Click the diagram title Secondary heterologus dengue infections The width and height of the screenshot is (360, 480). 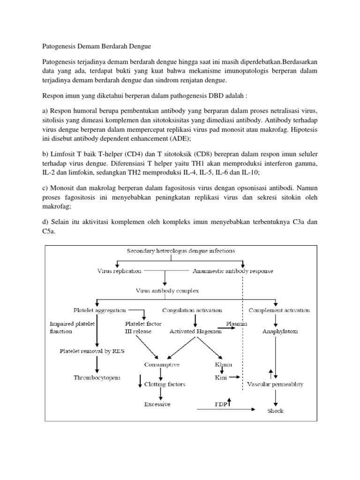(181, 251)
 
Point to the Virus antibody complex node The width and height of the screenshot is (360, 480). (167, 291)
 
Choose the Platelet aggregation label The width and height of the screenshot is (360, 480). (100, 310)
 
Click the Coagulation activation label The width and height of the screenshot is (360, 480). (192, 310)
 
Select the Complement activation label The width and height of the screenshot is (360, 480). (279, 310)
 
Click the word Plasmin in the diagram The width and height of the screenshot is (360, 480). (237, 323)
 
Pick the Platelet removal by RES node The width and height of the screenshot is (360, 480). (89, 351)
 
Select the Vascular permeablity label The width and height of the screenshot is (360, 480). (275, 384)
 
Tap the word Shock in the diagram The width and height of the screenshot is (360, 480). (275, 411)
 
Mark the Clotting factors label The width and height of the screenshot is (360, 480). (165, 384)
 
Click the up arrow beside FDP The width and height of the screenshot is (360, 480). (230, 402)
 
